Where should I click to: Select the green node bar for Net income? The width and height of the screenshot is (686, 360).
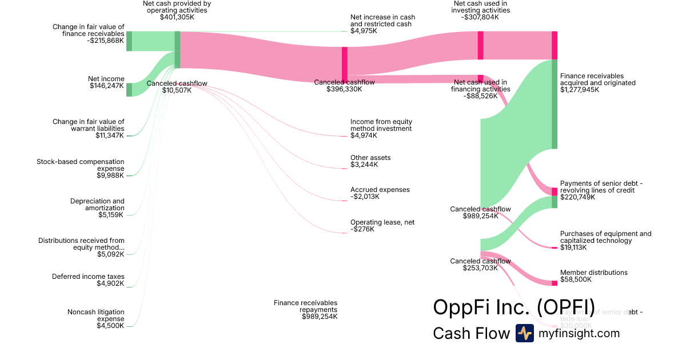coord(129,90)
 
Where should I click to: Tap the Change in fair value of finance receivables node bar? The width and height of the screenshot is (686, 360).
coord(129,41)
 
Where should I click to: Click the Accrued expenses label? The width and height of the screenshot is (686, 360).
coord(380,190)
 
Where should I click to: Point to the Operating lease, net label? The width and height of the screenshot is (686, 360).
coord(381,222)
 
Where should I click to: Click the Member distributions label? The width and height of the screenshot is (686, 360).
coord(593,273)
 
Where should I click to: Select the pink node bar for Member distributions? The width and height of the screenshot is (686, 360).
coord(554,283)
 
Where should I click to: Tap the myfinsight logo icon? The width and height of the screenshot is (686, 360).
coord(524,333)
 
